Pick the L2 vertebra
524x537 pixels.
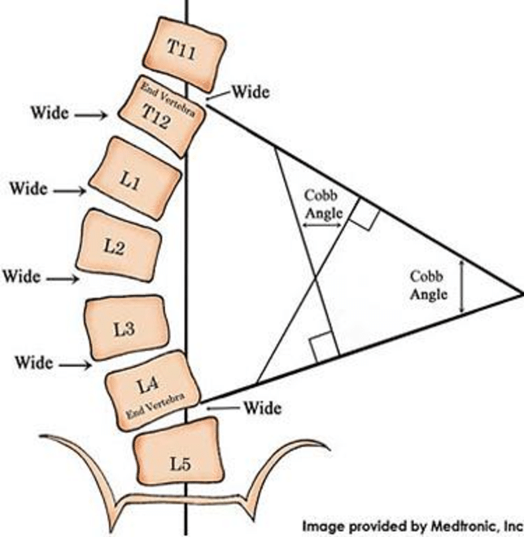pos(118,247)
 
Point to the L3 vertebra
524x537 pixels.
pos(127,328)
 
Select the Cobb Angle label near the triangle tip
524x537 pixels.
pos(428,286)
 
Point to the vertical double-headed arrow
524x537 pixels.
pos(462,286)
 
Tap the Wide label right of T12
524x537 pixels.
pos(251,92)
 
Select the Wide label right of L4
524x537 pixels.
pos(262,407)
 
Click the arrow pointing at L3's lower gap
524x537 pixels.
pos(73,365)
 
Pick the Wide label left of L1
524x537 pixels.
pos(28,188)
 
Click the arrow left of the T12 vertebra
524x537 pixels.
pos(90,116)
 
